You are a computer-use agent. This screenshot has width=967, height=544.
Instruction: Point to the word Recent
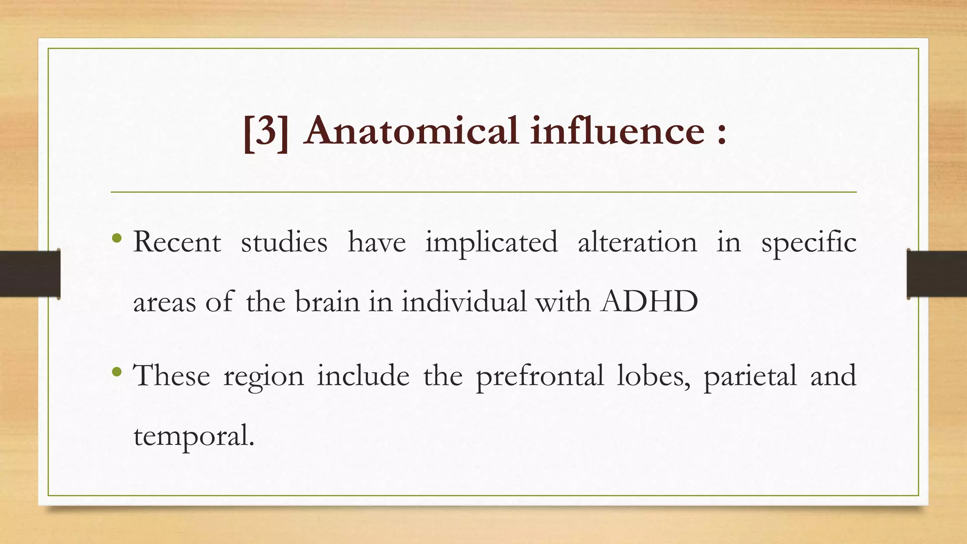[x=177, y=242]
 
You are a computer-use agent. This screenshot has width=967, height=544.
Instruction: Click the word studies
[x=284, y=242]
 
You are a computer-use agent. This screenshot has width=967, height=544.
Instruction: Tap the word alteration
[x=637, y=242]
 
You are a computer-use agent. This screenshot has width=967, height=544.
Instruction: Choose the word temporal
[x=193, y=436]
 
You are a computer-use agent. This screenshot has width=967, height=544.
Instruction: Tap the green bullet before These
[x=117, y=372]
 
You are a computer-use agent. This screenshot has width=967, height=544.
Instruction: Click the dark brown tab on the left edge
[x=30, y=274]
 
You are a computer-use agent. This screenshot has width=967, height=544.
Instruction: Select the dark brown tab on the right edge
[x=937, y=274]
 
